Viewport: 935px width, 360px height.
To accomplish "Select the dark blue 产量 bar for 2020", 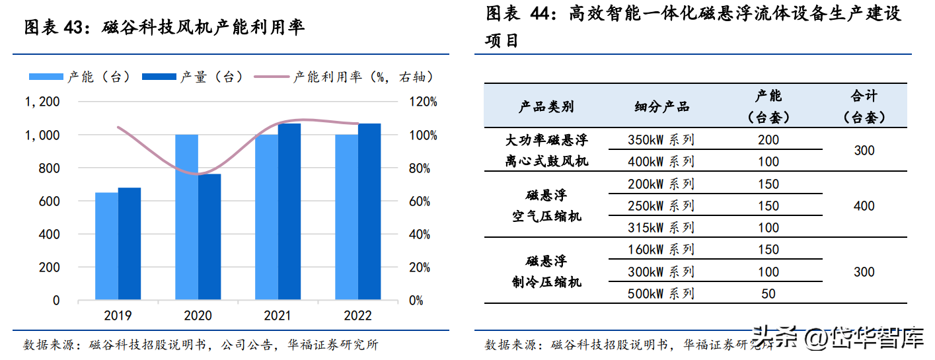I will click(x=209, y=237).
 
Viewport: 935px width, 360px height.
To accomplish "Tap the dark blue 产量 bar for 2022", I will click(x=369, y=212).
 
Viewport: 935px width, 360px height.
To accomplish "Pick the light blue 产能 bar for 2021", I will click(x=266, y=217).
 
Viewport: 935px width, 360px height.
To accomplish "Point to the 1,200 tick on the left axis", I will click(x=42, y=102).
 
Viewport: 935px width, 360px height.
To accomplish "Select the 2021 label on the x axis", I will click(x=278, y=316).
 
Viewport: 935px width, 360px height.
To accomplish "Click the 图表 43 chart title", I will click(x=165, y=28).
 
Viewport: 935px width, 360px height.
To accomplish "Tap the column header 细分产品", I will click(x=661, y=106).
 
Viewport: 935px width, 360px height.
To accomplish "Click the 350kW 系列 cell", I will click(x=661, y=140).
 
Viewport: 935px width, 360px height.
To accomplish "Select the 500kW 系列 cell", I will click(x=661, y=293).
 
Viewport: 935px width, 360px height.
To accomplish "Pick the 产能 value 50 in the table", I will click(x=768, y=293).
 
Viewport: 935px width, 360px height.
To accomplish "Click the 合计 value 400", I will click(x=864, y=206).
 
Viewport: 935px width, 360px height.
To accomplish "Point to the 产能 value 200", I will click(x=768, y=140).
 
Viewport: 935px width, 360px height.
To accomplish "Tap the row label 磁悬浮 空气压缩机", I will click(x=546, y=205).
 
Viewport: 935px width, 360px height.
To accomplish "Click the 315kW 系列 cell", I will click(x=661, y=228).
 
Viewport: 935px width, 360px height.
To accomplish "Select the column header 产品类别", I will click(x=546, y=106).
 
